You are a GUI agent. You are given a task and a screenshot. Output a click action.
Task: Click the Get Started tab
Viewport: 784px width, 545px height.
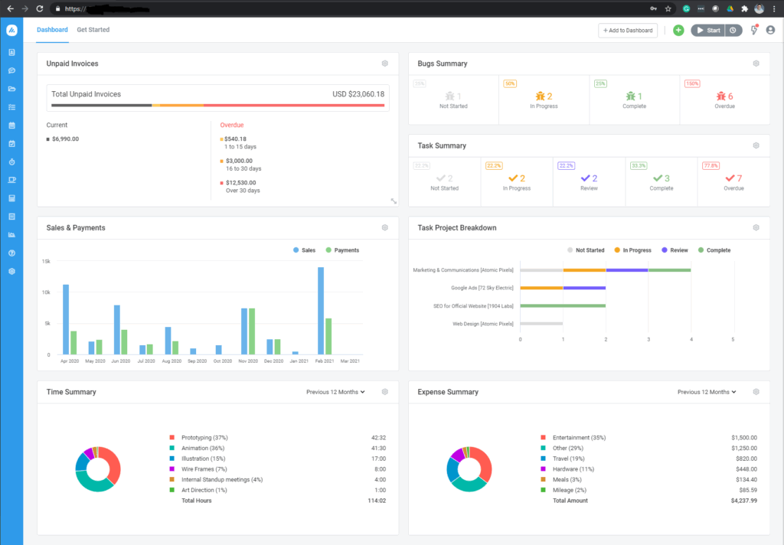93,30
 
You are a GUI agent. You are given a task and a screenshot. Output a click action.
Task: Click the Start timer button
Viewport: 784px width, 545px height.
707,31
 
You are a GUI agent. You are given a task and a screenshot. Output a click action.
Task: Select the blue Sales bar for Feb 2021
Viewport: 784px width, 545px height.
321,311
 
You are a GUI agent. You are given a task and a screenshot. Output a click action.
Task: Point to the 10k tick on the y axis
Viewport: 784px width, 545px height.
45,292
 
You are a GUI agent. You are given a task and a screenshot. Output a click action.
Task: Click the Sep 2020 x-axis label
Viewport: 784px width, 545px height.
198,361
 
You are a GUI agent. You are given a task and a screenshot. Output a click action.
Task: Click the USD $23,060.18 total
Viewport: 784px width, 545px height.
358,94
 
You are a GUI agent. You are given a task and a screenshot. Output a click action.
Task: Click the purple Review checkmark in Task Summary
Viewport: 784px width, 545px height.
586,178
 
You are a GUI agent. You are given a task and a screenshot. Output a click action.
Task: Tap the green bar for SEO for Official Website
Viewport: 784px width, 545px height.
563,305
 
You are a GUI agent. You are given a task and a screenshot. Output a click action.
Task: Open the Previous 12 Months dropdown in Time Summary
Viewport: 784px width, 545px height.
335,392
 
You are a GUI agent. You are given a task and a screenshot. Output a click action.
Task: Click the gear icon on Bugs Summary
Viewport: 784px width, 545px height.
756,64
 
